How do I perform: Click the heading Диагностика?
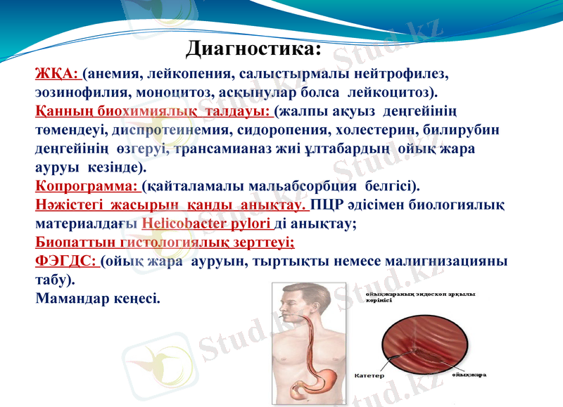(x=253, y=49)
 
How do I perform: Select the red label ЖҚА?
(x=57, y=74)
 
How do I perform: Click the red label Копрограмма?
(x=87, y=187)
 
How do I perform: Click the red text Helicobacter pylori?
(x=206, y=224)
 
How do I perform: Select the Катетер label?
(x=369, y=375)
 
